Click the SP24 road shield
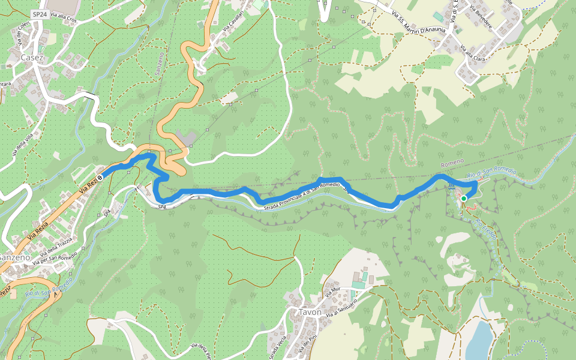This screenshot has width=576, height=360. [40, 13]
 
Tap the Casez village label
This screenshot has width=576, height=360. [32, 57]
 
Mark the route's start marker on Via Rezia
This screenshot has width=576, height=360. [101, 176]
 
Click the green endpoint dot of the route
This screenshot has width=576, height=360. [463, 198]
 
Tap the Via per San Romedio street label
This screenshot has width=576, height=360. [56, 257]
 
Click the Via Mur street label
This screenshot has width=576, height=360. [332, 293]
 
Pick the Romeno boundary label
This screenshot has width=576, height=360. [452, 164]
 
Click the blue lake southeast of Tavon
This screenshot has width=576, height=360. [479, 339]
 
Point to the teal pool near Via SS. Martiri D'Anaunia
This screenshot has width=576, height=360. [439, 16]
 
